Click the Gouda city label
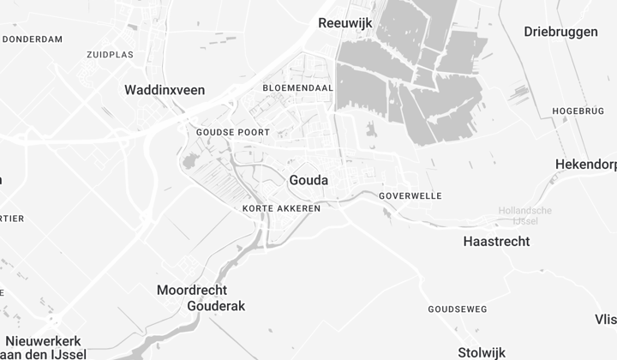[x=309, y=180]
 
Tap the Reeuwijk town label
[x=344, y=23]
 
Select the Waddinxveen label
[x=164, y=89]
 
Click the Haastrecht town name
[x=496, y=242]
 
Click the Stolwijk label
[x=482, y=351]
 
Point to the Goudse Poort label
[x=232, y=133]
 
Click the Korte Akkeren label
[x=281, y=208]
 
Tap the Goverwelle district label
[x=410, y=196]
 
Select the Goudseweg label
[x=458, y=309]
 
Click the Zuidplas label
[x=110, y=55]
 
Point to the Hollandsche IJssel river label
[x=525, y=216]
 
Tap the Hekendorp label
[x=585, y=165]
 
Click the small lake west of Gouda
[x=190, y=161]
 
